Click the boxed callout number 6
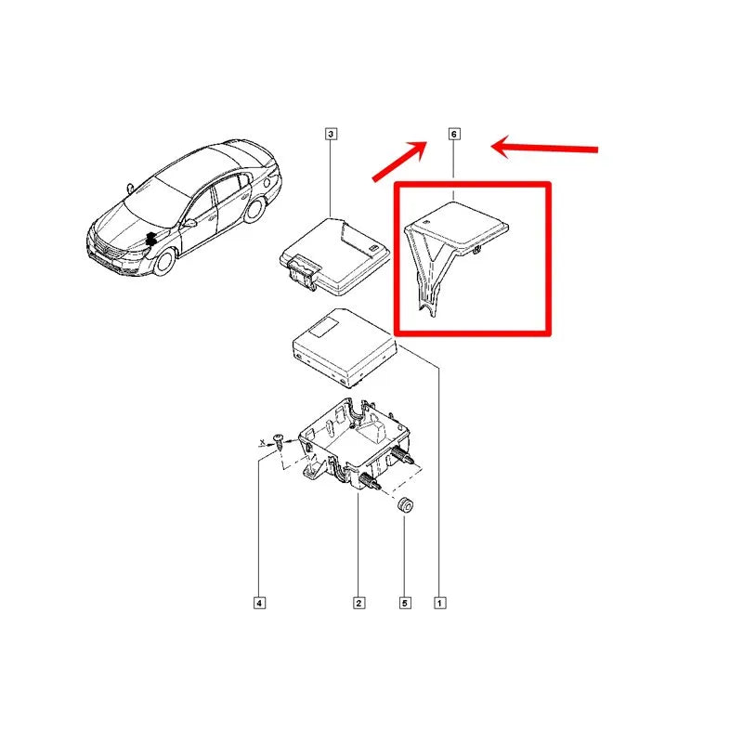point(453,134)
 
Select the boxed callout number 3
point(331,134)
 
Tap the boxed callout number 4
point(259,603)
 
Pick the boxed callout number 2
point(358,603)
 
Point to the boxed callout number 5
point(405,603)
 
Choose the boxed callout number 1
point(439,603)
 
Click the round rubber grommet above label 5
point(405,505)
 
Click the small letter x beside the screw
point(262,442)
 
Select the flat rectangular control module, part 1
point(345,346)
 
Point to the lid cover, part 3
point(335,257)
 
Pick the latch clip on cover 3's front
point(303,271)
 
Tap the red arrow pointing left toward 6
point(544,148)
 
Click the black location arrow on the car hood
point(150,240)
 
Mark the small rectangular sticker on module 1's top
point(324,327)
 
